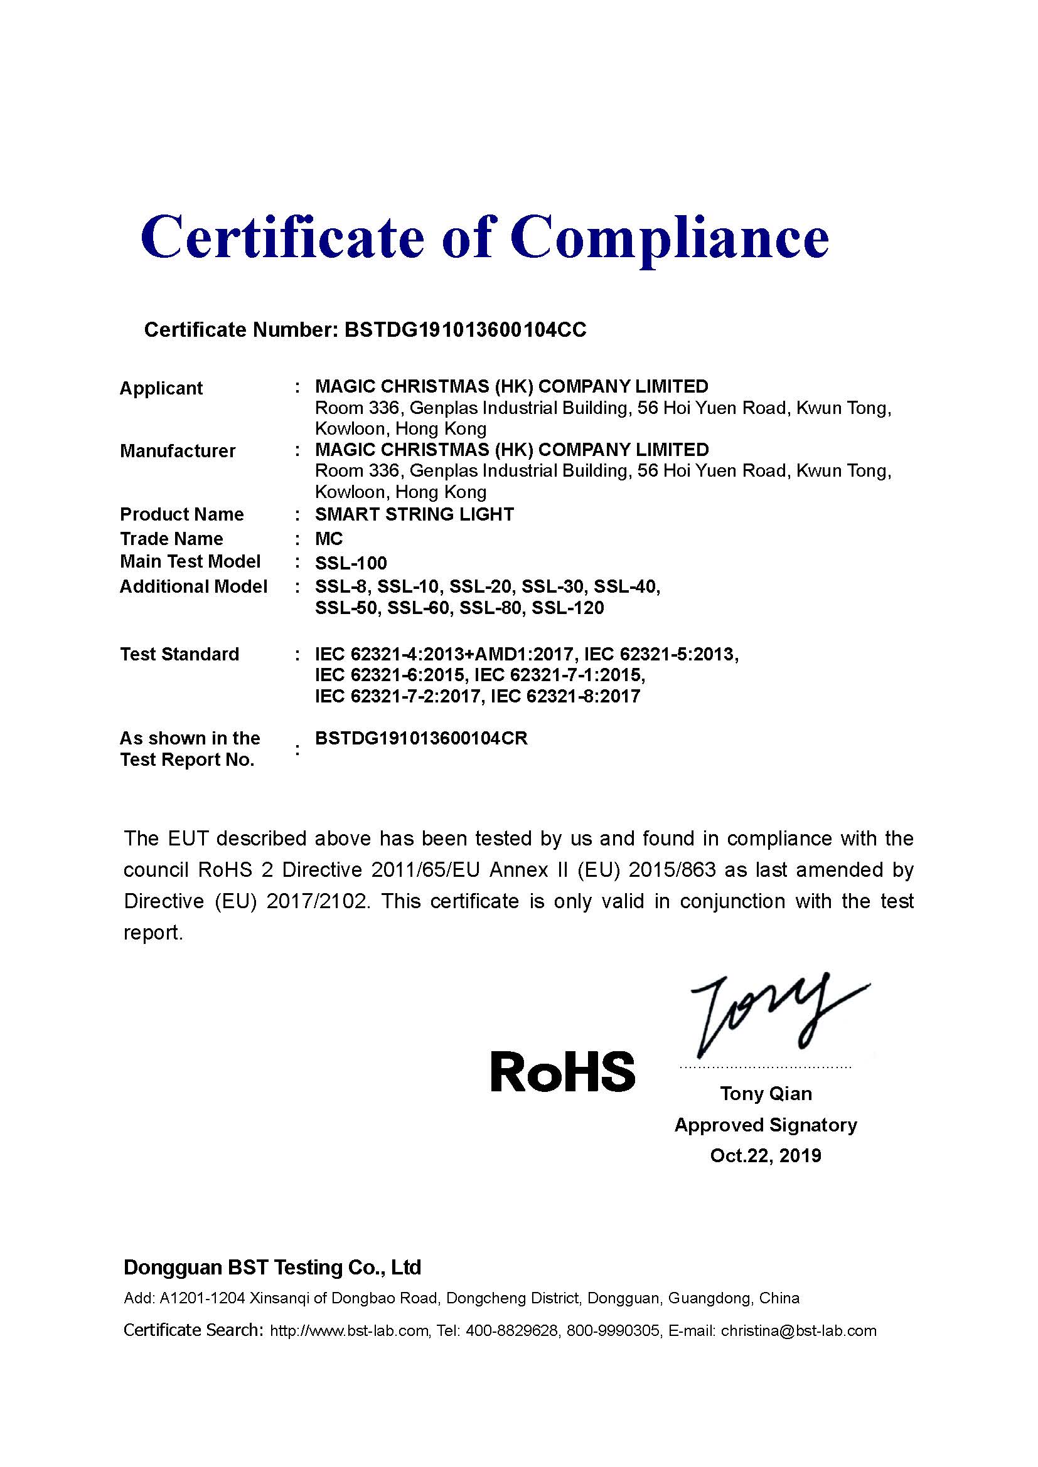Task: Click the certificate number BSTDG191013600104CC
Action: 465,330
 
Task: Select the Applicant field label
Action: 161,388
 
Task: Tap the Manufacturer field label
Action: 178,451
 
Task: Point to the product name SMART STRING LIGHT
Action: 414,514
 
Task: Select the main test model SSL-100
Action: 351,563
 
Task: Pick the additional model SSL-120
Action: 567,608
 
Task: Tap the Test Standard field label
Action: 179,654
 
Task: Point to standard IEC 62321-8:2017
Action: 565,696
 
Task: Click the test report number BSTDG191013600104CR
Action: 421,739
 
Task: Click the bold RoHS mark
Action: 562,1071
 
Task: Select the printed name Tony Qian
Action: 766,1093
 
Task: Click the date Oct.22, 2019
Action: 766,1155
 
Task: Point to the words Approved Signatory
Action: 766,1125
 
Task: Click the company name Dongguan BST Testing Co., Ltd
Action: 272,1267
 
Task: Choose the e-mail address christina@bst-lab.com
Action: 798,1331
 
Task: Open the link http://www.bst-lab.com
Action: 349,1331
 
